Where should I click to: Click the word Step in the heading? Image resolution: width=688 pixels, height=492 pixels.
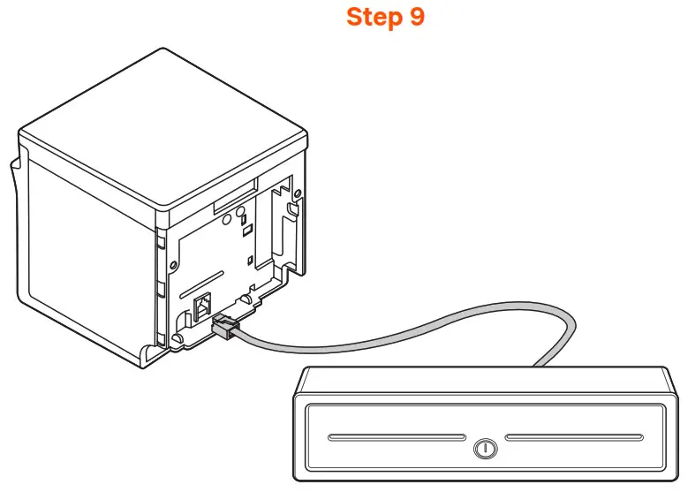tap(370, 17)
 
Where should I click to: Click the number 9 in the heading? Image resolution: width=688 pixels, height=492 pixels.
tap(416, 17)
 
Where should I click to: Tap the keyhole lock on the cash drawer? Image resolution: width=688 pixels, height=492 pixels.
tap(483, 448)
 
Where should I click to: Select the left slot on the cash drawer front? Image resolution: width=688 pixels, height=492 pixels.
tap(395, 436)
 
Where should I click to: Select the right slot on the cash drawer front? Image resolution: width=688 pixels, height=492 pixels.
tap(574, 436)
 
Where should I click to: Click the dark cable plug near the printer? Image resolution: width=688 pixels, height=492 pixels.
tap(223, 326)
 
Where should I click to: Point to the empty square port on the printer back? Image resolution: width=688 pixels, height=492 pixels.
tap(201, 305)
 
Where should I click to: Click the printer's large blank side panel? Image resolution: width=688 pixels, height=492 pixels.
tap(84, 256)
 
